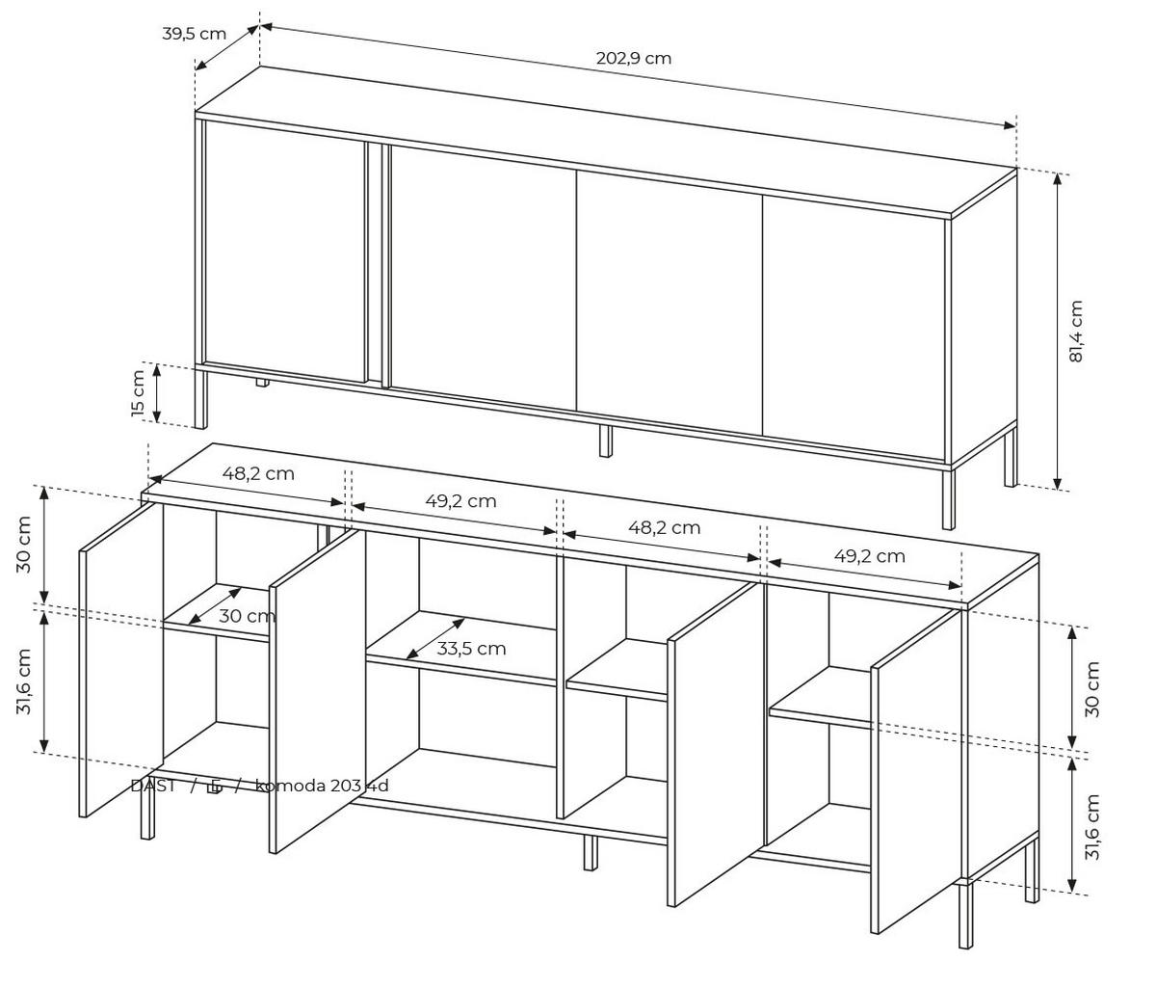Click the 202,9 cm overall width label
click(x=633, y=58)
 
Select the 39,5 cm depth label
click(x=194, y=34)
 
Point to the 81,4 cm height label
click(x=1076, y=332)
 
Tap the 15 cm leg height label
click(x=138, y=394)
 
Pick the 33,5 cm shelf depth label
click(x=471, y=649)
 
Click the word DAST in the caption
click(x=153, y=786)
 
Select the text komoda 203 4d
click(x=322, y=786)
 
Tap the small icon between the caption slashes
click(x=215, y=787)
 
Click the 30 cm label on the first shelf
click(x=247, y=616)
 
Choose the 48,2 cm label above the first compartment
click(x=258, y=474)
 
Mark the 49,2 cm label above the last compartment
click(x=869, y=556)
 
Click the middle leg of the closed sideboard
click(x=605, y=440)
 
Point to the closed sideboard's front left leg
click(x=200, y=399)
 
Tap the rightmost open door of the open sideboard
click(x=915, y=771)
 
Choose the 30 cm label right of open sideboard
click(x=1091, y=688)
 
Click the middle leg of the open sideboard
click(x=590, y=852)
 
